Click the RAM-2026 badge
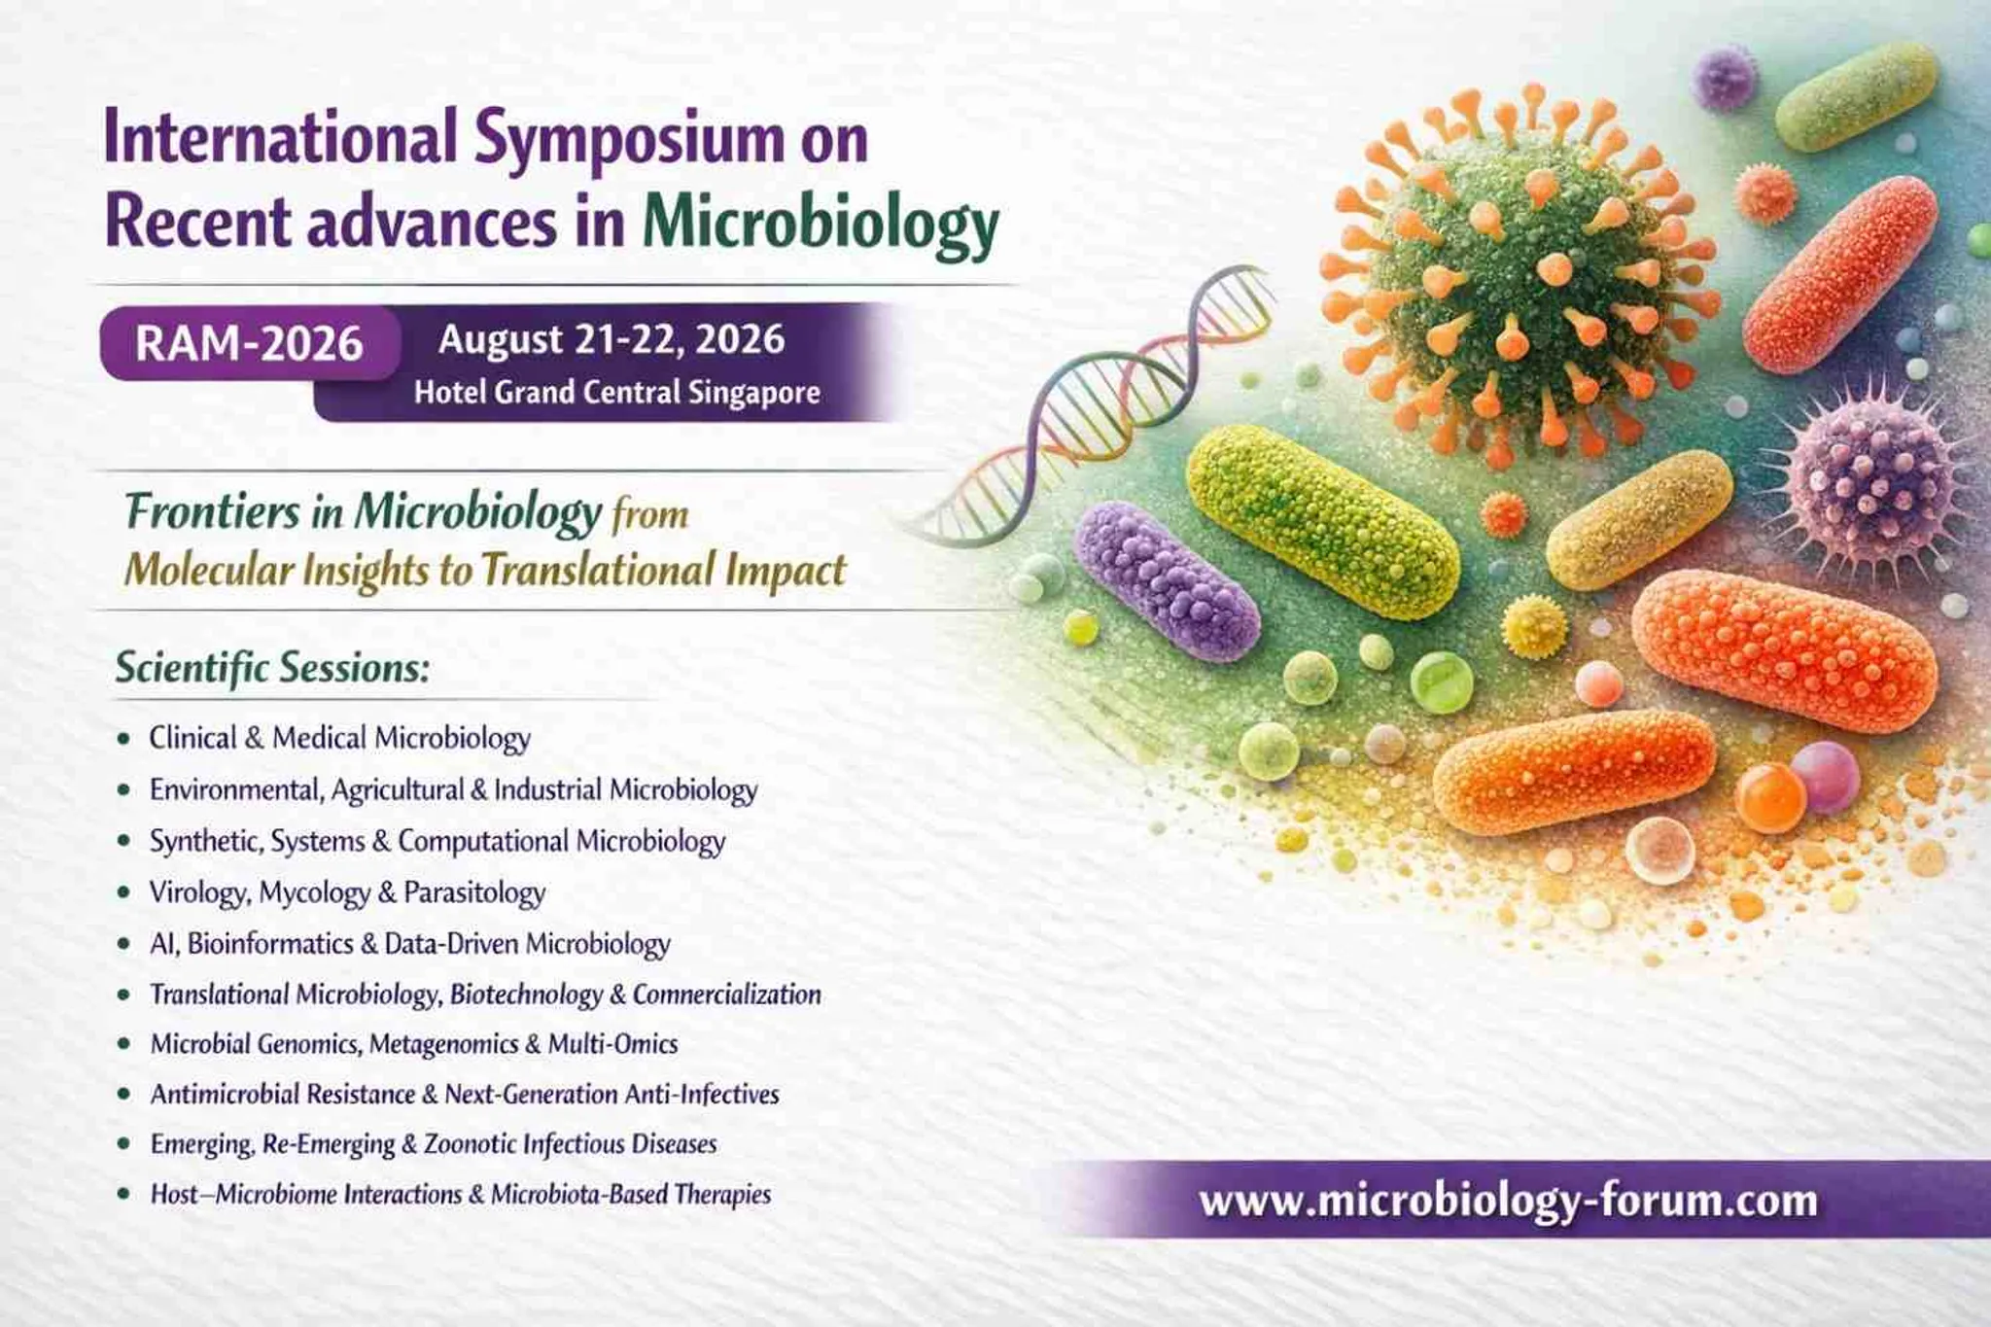250,343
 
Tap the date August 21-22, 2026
611,339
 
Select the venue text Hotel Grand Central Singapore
617,393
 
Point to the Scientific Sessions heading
272,668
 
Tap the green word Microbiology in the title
821,225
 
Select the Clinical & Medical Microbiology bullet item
339,738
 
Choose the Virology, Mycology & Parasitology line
347,892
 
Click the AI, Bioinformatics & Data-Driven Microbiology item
409,944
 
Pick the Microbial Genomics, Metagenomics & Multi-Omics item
414,1044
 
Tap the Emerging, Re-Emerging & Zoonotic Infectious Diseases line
434,1144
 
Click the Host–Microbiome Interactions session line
461,1194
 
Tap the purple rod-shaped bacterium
1167,580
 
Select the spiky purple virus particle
1867,483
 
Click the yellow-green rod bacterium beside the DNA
1323,521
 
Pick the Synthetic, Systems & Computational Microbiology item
437,841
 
